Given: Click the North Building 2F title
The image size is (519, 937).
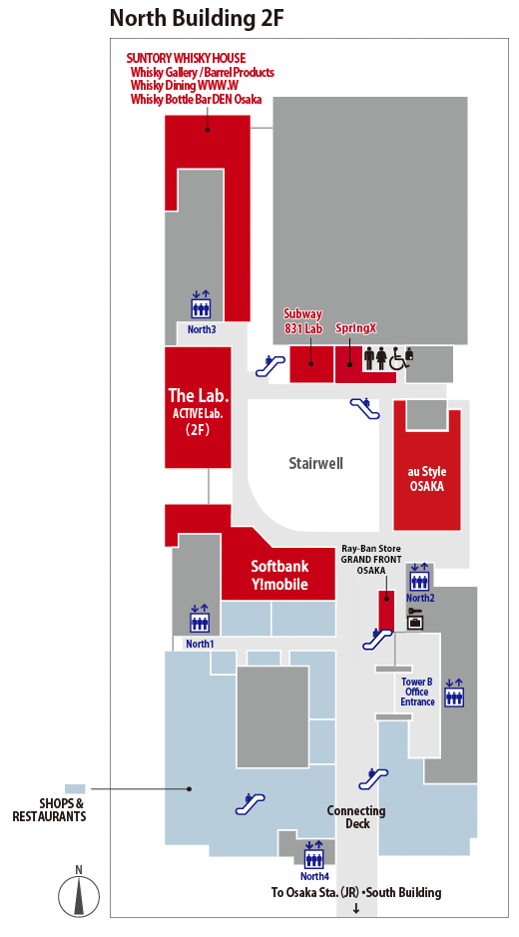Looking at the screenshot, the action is pyautogui.click(x=197, y=19).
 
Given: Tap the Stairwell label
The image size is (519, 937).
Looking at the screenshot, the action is pyautogui.click(x=315, y=463).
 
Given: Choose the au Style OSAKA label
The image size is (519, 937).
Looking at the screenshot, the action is pyautogui.click(x=427, y=479).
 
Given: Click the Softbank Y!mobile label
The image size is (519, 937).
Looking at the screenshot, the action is pyautogui.click(x=279, y=575).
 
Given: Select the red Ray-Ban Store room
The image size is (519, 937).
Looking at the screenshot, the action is pyautogui.click(x=386, y=610).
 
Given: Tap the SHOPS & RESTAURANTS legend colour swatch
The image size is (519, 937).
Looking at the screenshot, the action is pyautogui.click(x=75, y=788).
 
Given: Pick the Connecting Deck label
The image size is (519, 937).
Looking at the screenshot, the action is pyautogui.click(x=356, y=817).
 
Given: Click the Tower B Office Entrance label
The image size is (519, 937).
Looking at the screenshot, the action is pyautogui.click(x=417, y=692).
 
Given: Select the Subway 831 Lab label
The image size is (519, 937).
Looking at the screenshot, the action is pyautogui.click(x=302, y=320).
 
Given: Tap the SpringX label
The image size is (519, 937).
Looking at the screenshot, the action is pyautogui.click(x=355, y=328).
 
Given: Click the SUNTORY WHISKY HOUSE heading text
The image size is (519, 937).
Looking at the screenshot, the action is pyautogui.click(x=186, y=58).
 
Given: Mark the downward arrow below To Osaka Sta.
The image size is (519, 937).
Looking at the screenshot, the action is pyautogui.click(x=356, y=909).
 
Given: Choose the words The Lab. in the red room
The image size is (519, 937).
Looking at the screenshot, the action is pyautogui.click(x=199, y=395).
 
